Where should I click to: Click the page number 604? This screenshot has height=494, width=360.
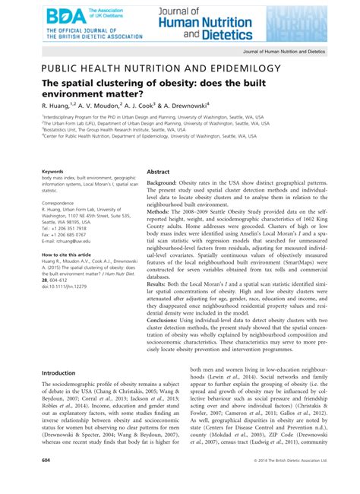click(46, 481)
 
